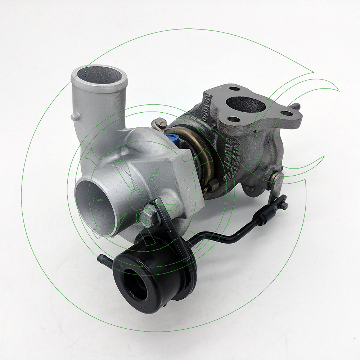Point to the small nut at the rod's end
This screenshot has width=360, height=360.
pyautogui.click(x=284, y=206)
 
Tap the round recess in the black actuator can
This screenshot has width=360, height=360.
pyautogui.click(x=135, y=284)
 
